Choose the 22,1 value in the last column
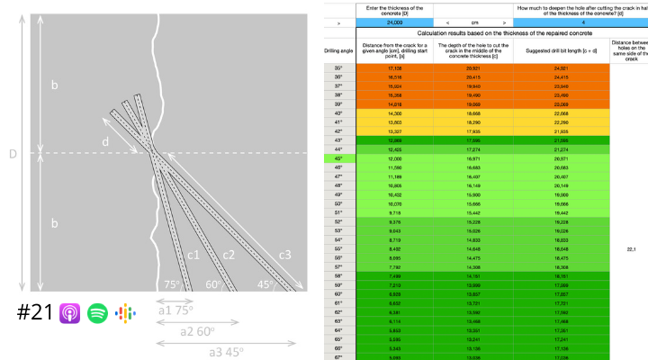click(x=630, y=248)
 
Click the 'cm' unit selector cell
click(x=472, y=22)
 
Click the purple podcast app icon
click(x=70, y=314)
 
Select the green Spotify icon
click(x=98, y=314)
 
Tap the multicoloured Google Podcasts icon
click(x=125, y=314)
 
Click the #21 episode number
click(x=34, y=314)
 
